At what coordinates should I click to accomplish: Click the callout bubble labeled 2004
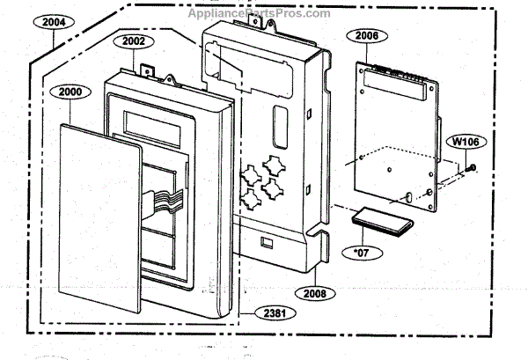point(54,22)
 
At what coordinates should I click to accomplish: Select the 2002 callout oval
point(134,41)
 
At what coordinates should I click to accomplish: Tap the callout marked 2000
point(70,92)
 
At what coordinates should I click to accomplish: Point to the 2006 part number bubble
point(367,36)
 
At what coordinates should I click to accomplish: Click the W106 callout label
point(466,142)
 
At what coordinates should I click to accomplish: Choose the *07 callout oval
point(362,253)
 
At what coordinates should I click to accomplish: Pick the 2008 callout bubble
point(315,293)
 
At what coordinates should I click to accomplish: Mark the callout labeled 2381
point(275,313)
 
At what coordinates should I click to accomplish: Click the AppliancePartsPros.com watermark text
point(259,13)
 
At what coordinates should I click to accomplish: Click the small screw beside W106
point(471,168)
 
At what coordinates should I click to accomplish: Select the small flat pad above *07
point(383,221)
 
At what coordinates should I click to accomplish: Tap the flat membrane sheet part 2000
point(100,218)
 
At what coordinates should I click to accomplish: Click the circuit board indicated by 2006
point(396,136)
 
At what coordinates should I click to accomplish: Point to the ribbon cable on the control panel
point(164,202)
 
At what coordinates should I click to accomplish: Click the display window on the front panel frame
point(152,129)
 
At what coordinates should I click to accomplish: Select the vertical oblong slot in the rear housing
point(280,127)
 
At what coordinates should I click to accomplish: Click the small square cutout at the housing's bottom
point(267,242)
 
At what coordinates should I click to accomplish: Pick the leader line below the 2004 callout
point(54,39)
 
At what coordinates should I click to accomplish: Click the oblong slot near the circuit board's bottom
point(408,197)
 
